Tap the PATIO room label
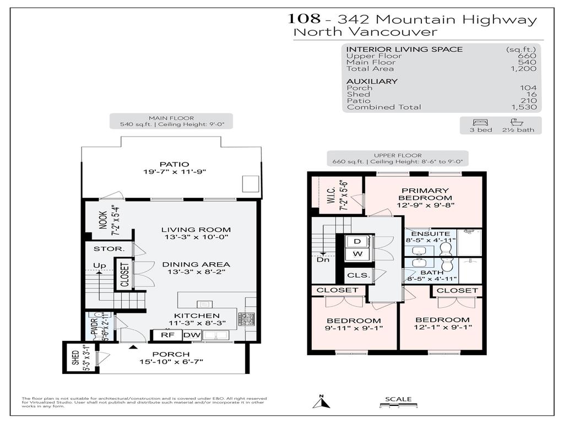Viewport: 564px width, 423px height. pos(174,164)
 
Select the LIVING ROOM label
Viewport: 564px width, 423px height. pos(196,230)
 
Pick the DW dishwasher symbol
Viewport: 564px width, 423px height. pos(191,335)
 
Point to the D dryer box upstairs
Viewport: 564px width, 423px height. pos(358,241)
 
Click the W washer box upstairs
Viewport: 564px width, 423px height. pos(358,254)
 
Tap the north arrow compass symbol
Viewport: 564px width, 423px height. pos(321,402)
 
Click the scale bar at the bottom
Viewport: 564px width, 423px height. pos(398,406)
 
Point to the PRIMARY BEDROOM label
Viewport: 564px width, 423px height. pos(425,194)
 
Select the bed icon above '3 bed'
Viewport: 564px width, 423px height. pos(477,122)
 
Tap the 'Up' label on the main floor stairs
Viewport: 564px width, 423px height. pos(99,265)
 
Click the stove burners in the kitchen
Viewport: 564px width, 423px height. pos(246,318)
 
